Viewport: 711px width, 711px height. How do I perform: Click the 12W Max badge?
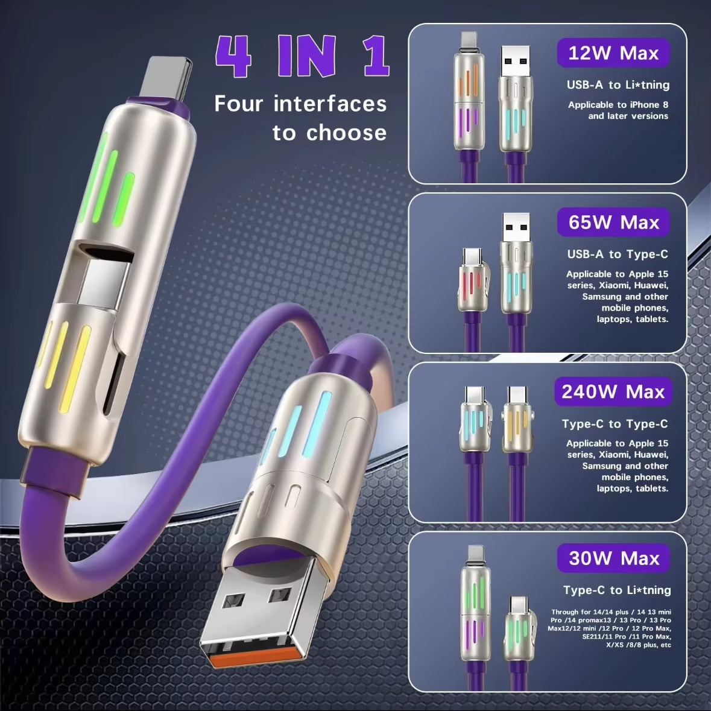tap(613, 54)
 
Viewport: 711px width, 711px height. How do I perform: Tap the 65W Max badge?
tap(613, 223)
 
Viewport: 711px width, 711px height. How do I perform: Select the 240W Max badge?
tap(613, 392)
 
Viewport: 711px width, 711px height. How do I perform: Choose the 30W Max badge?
tap(613, 558)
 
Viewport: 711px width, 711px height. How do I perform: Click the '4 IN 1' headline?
tap(302, 57)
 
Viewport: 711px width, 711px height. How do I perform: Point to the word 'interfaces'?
tap(330, 104)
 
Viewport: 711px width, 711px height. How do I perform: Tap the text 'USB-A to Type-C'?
tap(618, 254)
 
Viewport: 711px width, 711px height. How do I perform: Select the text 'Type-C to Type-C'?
tap(615, 424)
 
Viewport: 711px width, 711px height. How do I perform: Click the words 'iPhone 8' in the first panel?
tap(649, 105)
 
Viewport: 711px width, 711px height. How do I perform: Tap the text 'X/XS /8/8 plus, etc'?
tap(638, 645)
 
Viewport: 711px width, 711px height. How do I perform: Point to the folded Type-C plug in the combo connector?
tap(103, 277)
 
